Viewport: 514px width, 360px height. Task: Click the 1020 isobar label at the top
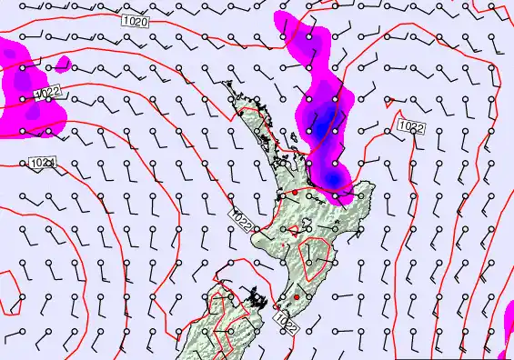pos(135,20)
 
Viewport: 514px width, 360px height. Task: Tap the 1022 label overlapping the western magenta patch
pos(47,92)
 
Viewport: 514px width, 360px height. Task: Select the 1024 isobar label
pos(41,163)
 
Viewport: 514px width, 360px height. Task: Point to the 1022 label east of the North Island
pos(409,127)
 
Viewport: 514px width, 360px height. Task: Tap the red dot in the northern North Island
pos(294,192)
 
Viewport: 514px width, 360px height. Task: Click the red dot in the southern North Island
pos(297,297)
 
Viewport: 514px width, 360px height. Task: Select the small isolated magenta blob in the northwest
pos(62,64)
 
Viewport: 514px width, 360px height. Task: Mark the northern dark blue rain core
pos(320,116)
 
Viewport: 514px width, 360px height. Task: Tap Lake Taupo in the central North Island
pos(307,226)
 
